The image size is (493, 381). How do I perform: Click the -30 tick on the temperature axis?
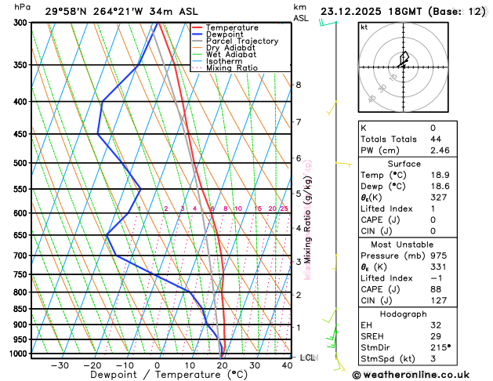click(60, 365)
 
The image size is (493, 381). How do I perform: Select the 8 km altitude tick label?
click(298, 85)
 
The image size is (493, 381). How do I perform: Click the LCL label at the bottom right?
click(308, 357)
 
